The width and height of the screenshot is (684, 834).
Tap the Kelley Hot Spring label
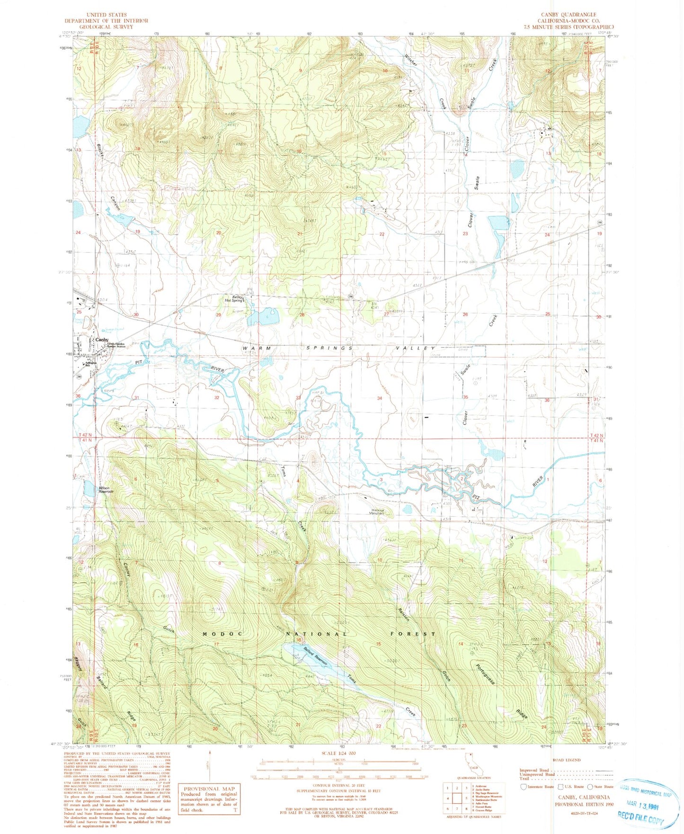(x=234, y=298)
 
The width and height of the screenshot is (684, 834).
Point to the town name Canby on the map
(x=102, y=340)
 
